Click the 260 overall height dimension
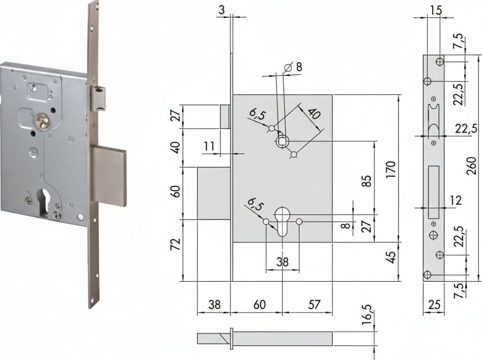(471, 166)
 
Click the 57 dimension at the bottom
(314, 304)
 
